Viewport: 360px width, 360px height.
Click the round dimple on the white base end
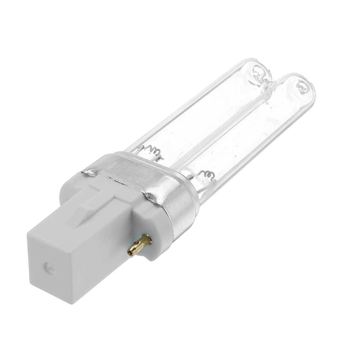point(48,266)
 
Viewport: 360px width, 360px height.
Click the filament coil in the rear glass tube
point(149,149)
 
